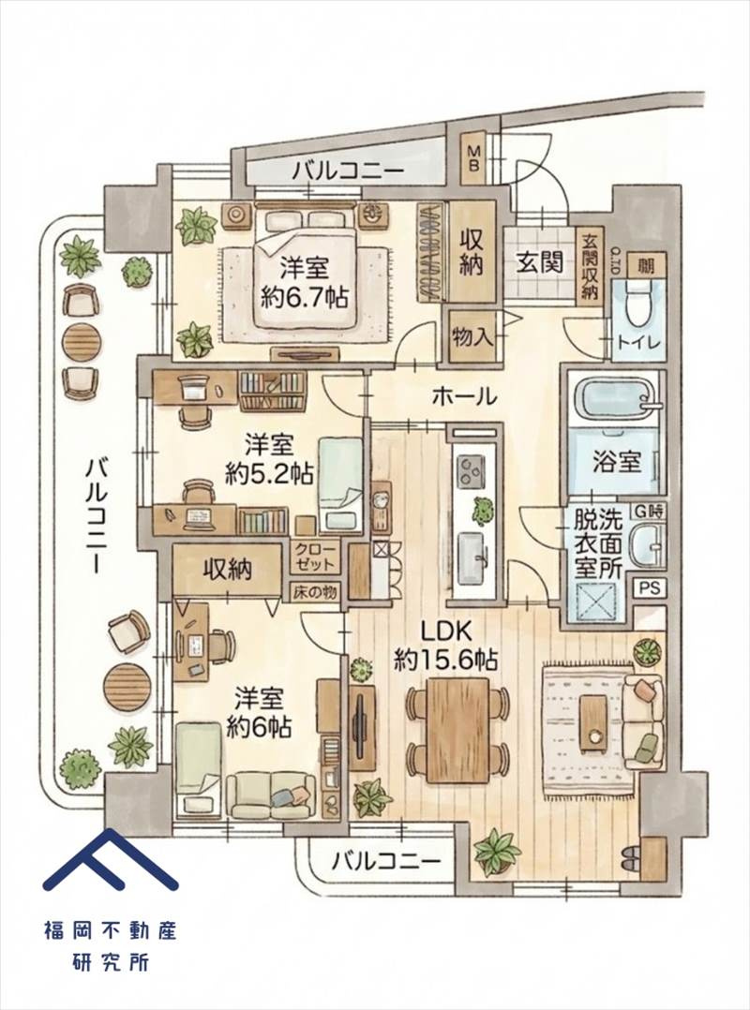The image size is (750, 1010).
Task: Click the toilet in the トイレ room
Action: coord(637,304)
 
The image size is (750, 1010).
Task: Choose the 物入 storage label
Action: coord(472,336)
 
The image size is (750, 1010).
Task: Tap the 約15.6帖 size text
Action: coord(445,660)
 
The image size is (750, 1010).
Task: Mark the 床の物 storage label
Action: coord(315,592)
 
